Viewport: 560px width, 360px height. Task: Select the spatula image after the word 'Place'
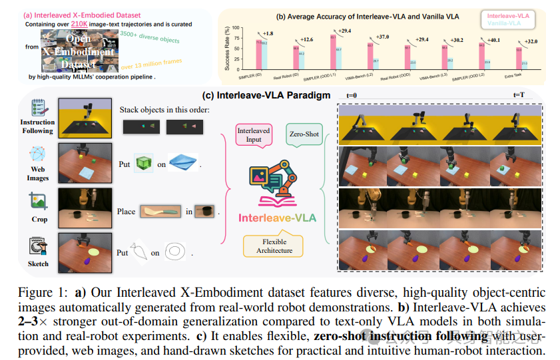point(160,212)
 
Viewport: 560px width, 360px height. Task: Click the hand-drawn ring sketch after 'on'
point(177,252)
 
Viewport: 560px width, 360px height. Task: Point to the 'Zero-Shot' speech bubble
point(304,134)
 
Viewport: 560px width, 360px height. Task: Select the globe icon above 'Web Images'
point(37,154)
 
